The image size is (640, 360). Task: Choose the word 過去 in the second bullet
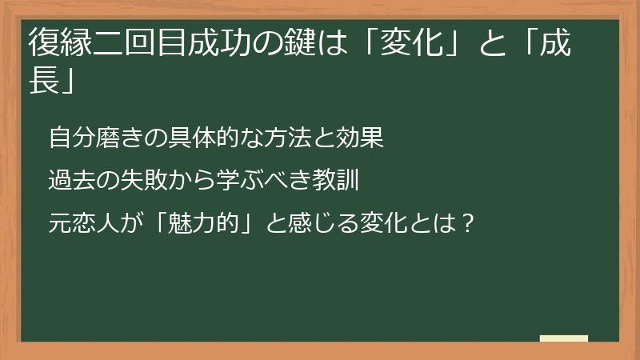coord(70,179)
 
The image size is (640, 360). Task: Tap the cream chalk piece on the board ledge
coord(564,338)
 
